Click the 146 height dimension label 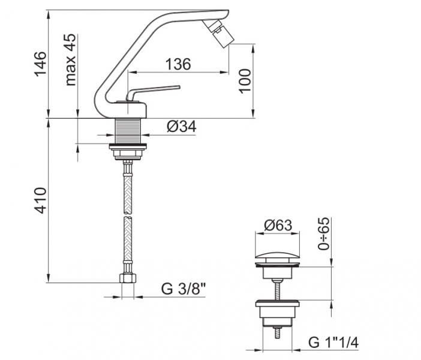[x=41, y=64]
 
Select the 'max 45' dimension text [x=71, y=59]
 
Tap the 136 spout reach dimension [x=178, y=64]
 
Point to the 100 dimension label [x=245, y=81]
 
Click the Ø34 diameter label [x=182, y=126]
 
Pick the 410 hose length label [x=41, y=200]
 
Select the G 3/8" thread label [x=184, y=289]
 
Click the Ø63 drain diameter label [x=278, y=225]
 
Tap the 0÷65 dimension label [x=323, y=233]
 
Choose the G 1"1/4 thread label [x=333, y=342]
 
